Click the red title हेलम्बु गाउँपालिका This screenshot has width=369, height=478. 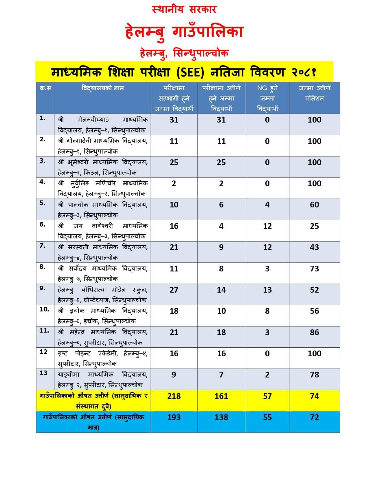184,32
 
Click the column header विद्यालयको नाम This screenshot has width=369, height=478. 103,88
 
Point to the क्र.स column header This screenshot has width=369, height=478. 45,88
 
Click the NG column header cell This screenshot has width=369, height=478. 267,98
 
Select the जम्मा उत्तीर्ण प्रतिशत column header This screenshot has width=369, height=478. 314,93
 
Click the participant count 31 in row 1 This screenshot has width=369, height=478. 174,120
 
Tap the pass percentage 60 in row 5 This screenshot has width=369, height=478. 314,205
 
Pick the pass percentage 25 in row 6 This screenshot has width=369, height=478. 314,226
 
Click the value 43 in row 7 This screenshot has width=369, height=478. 314,247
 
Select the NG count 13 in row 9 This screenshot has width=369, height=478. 267,290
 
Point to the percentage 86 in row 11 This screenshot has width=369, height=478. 314,332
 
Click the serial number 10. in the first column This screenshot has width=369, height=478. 44,309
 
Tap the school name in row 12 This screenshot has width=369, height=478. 103,358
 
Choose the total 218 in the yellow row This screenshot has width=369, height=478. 174,396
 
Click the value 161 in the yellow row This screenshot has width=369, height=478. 221,396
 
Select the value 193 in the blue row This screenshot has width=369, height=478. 174,417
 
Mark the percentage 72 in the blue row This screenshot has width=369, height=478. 314,417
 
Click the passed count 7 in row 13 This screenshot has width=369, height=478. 221,375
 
